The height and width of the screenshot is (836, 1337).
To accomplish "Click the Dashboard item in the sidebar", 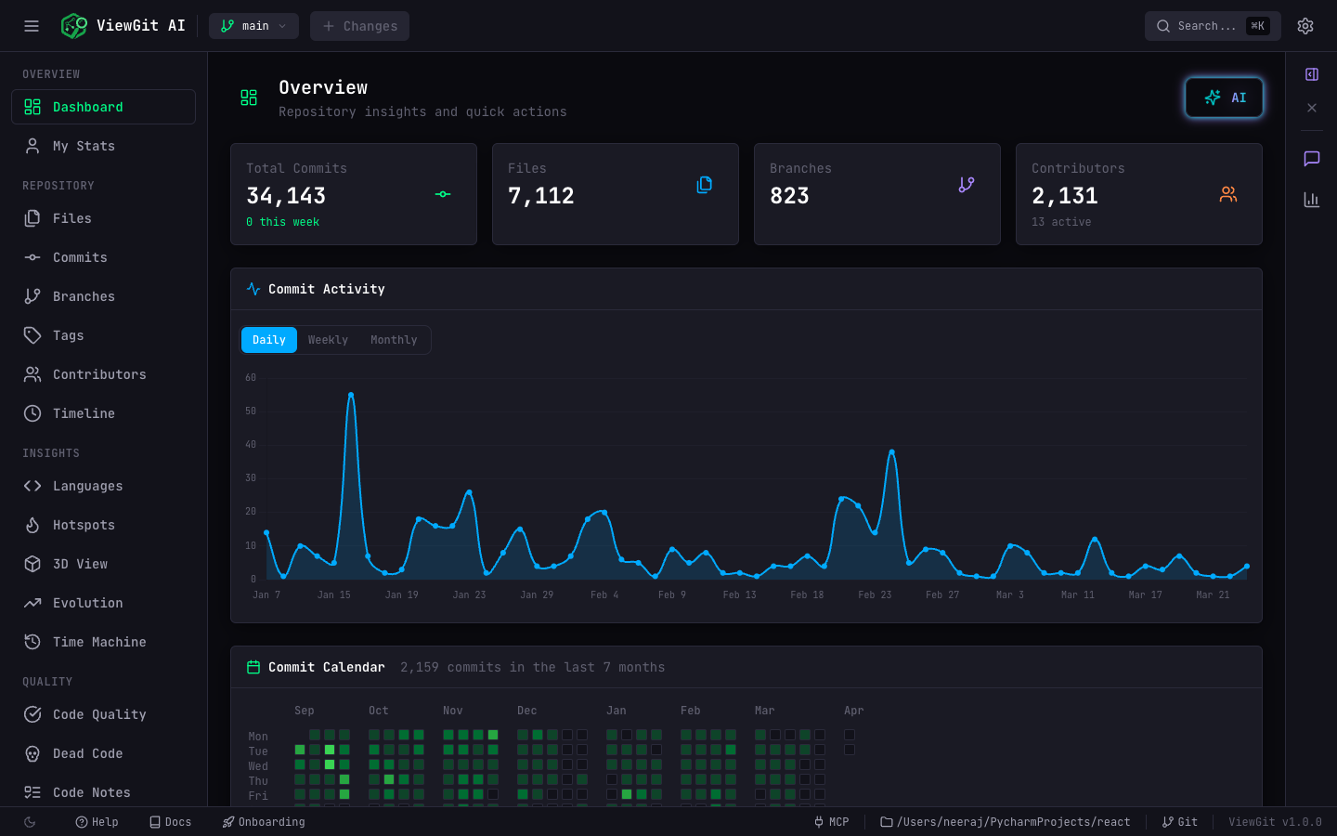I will point(87,107).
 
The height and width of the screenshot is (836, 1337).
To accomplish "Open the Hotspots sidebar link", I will point(84,525).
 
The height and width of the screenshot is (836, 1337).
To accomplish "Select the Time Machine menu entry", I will point(98,642).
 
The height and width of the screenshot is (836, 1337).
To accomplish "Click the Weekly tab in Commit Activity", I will point(328,340).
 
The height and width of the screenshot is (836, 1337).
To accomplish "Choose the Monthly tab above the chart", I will point(394,340).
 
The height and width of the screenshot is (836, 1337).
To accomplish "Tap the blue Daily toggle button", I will point(269,340).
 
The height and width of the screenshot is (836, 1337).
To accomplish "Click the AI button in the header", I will point(1224,98).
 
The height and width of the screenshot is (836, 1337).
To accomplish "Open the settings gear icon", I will point(1305,26).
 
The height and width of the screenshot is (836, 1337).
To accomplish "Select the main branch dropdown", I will point(253,26).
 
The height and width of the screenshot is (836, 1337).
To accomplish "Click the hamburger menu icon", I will point(32,26).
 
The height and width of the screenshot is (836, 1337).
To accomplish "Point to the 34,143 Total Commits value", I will point(286,196).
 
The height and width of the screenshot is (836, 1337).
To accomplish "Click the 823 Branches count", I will point(789,196).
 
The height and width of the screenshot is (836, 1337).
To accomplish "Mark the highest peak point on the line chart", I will point(351,395).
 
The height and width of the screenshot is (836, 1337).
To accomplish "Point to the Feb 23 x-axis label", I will point(875,594).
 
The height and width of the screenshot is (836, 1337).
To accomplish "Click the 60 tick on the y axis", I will point(251,378).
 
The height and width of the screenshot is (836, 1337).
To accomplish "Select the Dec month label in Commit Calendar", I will point(527,711).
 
